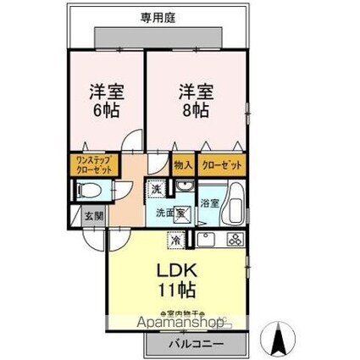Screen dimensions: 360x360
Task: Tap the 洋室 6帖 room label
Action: [x=105, y=99]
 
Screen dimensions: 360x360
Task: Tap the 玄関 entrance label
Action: [x=93, y=216]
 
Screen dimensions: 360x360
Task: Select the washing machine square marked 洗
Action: [x=157, y=190]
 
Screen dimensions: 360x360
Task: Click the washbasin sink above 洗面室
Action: [x=182, y=188]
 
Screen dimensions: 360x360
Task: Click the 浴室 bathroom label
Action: [x=210, y=204]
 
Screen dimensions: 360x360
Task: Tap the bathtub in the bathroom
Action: [x=235, y=204]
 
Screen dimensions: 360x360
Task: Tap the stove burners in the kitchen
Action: [x=235, y=240]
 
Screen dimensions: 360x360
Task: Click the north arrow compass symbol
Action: [x=277, y=341]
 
